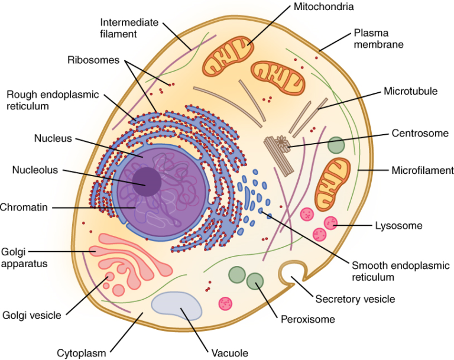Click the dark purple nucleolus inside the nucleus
145,181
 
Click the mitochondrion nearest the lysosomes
332,184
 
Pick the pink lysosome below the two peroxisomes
226,303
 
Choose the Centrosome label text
420,133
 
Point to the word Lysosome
398,225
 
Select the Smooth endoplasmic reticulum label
400,271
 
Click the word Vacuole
229,353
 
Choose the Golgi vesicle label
32,315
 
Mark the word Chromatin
24,207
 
